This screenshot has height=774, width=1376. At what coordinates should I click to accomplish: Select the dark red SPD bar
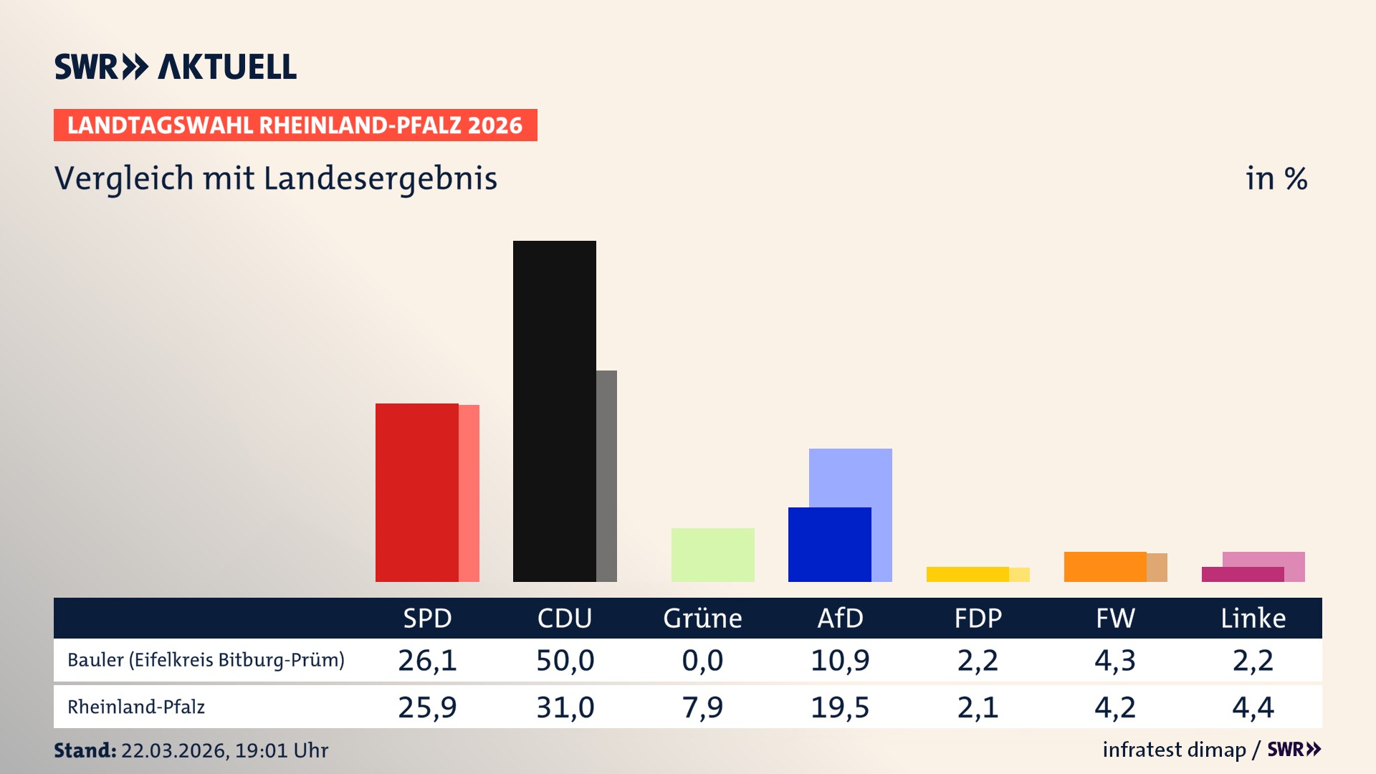click(x=416, y=492)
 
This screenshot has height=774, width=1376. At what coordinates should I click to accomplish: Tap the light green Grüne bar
click(x=712, y=555)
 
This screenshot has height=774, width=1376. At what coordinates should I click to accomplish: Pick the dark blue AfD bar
click(x=829, y=545)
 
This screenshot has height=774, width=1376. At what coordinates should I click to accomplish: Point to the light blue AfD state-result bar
click(x=851, y=477)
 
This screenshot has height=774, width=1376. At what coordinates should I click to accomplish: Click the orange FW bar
click(x=1104, y=567)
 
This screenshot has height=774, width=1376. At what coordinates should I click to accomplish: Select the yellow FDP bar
click(x=967, y=574)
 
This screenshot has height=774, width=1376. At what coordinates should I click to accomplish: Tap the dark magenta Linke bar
click(x=1242, y=575)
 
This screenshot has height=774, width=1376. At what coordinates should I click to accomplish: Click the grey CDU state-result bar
click(x=606, y=476)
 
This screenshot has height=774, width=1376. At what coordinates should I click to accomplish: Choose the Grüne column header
click(x=702, y=618)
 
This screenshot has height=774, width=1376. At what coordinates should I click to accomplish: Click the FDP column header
click(x=978, y=618)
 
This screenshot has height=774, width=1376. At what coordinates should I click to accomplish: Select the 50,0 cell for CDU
click(x=565, y=660)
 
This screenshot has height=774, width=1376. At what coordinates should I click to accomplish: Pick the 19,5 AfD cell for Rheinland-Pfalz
click(x=840, y=707)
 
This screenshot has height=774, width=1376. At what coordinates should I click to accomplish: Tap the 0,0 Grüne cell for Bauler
click(x=702, y=660)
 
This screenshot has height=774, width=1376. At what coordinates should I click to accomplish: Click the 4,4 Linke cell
click(x=1253, y=707)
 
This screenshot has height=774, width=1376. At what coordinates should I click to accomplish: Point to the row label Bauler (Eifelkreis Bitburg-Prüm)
click(x=206, y=660)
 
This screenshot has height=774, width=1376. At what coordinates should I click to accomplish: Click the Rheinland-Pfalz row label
click(x=136, y=707)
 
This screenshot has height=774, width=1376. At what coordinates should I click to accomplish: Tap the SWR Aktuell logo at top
click(x=175, y=67)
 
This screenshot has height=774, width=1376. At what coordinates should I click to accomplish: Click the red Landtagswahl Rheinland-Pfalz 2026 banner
click(x=295, y=125)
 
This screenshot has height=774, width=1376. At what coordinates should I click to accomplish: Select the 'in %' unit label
click(x=1276, y=179)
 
